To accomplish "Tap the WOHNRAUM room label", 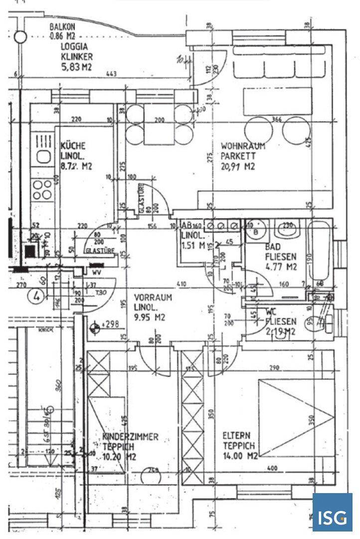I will (x=243, y=146).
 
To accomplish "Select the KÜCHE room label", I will (x=73, y=146).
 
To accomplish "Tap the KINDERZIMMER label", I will (x=130, y=437).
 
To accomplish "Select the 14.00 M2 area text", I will (x=240, y=456).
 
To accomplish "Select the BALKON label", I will (x=63, y=26).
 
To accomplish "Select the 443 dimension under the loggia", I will (x=111, y=74).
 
